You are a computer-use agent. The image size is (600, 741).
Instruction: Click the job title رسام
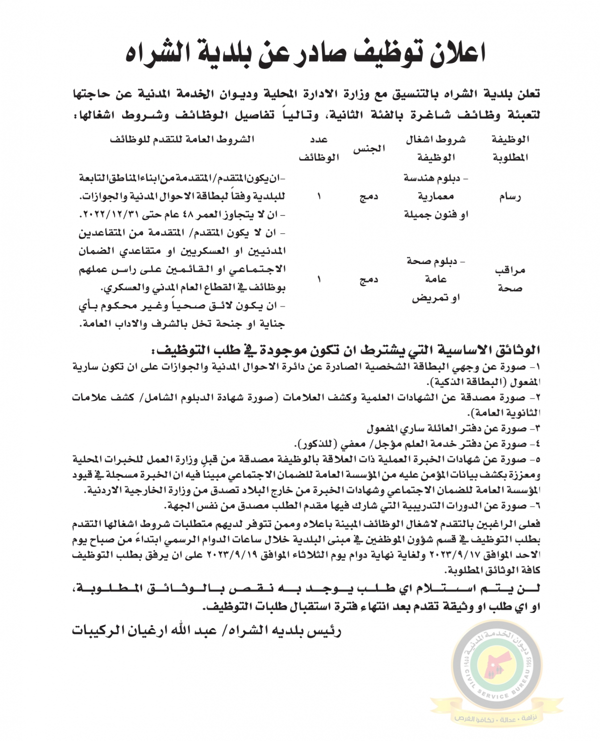pos(510,196)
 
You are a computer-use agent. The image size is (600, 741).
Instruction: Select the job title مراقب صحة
pos(510,279)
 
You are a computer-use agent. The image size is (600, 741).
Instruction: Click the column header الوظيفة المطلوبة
pos(510,148)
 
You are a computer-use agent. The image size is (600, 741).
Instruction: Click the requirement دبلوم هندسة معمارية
pos(435,186)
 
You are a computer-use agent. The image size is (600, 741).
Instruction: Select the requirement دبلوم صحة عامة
pos(435,270)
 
